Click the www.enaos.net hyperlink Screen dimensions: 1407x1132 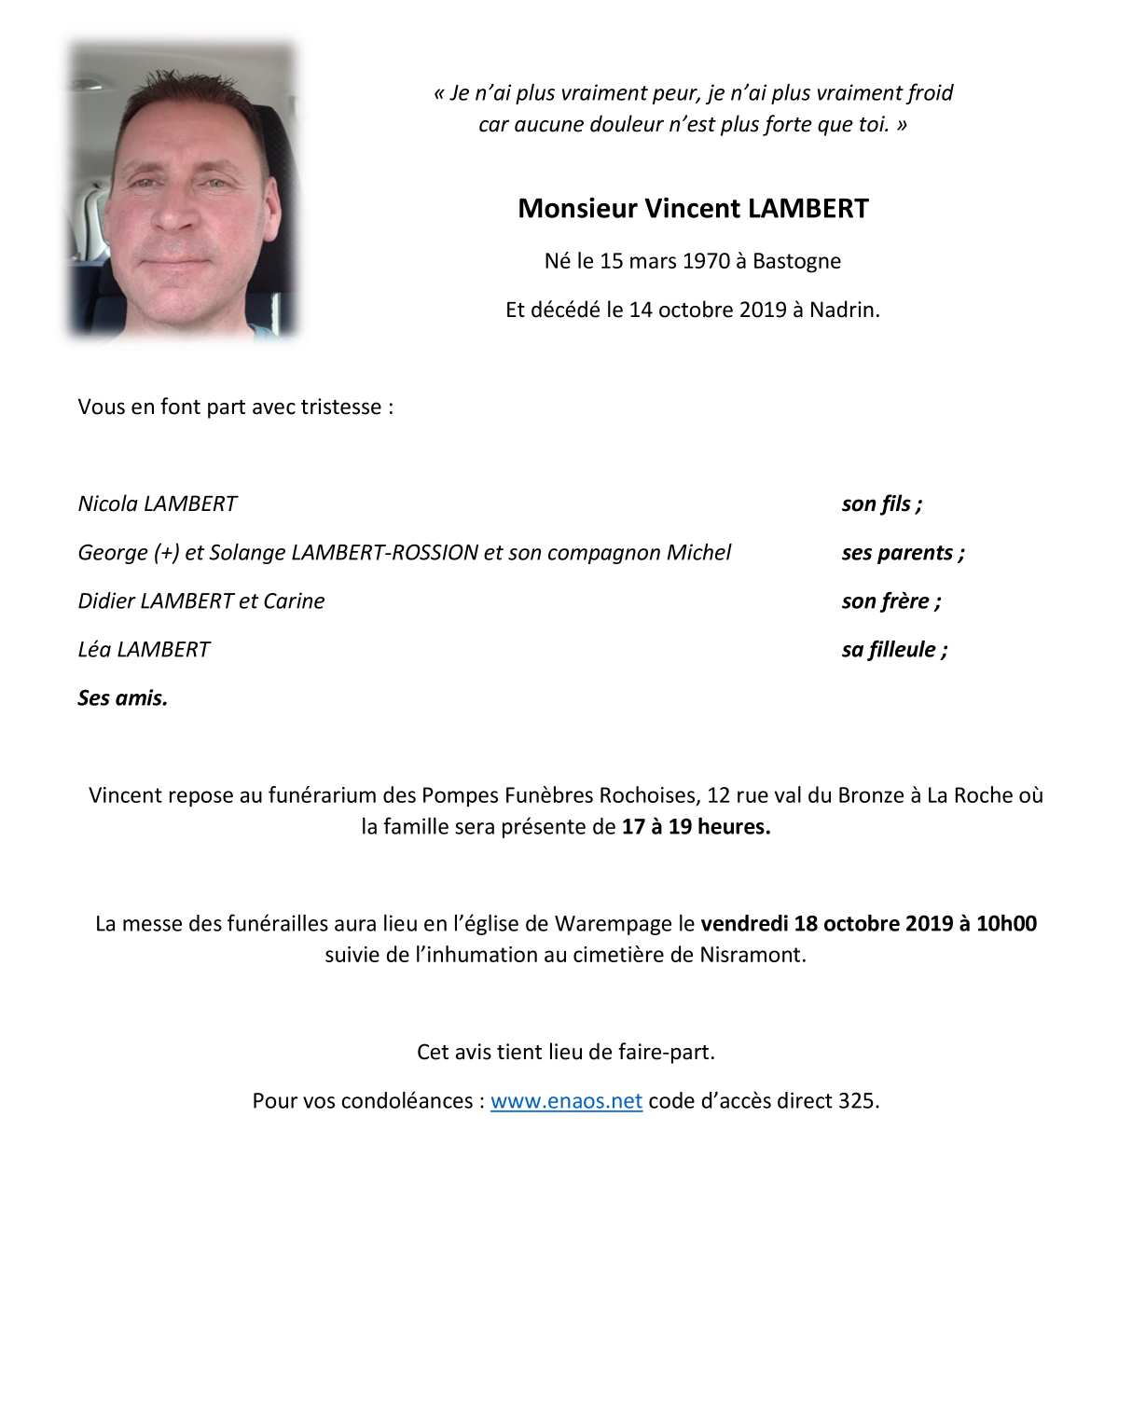coord(566,1101)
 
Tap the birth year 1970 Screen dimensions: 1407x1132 coord(706,261)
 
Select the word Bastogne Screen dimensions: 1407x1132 coord(796,261)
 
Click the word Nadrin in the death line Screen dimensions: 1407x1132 coord(843,310)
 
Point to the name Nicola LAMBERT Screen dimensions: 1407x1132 coord(158,504)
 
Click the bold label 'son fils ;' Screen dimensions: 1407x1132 coord(881,504)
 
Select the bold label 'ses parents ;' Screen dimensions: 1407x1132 coord(903,553)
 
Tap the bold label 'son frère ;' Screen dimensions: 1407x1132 coord(890,601)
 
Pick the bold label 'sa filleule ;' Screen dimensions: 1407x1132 coord(894,650)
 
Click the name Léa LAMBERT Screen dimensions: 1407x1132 coord(144,650)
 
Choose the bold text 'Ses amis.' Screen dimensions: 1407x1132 coord(122,698)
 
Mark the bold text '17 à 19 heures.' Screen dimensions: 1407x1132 coord(696,827)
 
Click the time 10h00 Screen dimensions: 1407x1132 coord(1006,924)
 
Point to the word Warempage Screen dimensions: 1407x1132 coord(613,924)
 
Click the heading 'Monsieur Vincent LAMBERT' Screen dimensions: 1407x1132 coord(693,209)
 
